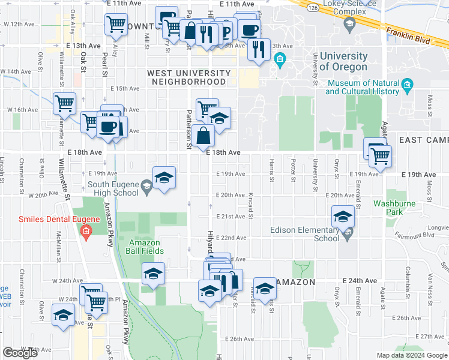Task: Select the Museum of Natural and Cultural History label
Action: pyautogui.click(x=362, y=88)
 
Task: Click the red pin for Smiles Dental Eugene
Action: pyautogui.click(x=86, y=231)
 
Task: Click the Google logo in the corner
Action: pyautogui.click(x=20, y=352)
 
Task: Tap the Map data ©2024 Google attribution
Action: pyautogui.click(x=411, y=355)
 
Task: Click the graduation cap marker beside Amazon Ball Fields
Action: pyautogui.click(x=153, y=274)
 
